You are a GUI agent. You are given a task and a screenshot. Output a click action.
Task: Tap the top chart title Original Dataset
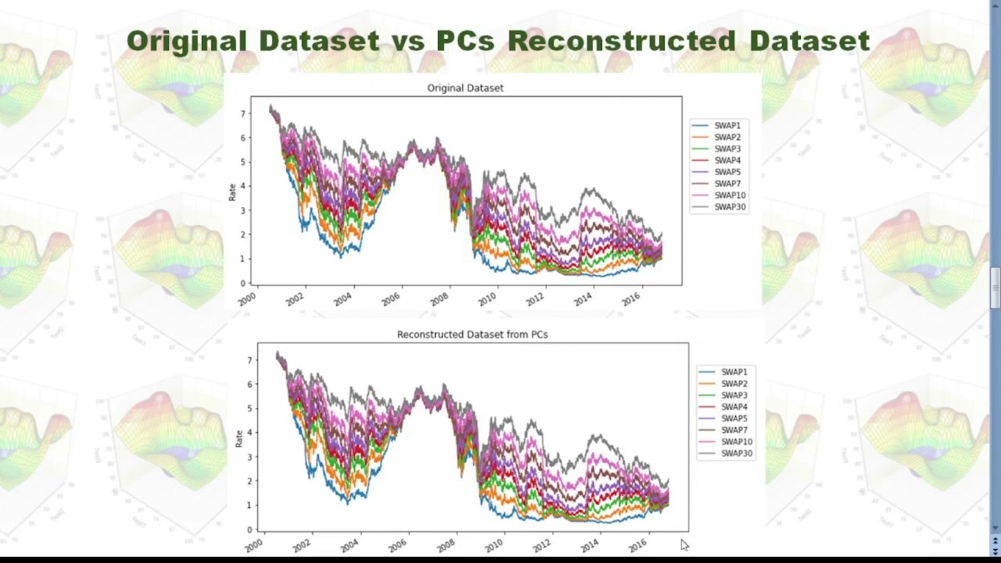pos(465,88)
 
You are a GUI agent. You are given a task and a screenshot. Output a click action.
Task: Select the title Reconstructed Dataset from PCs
pos(472,335)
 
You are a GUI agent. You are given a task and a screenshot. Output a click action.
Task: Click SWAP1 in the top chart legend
pos(727,126)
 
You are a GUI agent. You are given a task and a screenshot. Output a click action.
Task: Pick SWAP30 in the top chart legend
pos(730,207)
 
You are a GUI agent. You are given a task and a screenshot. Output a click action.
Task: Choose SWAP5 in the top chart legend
pos(727,172)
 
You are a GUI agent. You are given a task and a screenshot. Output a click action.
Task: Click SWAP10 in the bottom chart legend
pos(737,443)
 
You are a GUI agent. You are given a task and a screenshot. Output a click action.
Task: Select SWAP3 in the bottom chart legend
pos(734,396)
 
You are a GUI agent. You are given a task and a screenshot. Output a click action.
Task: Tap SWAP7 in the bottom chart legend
pos(734,431)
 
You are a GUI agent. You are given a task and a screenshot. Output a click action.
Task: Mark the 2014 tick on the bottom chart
pos(590,544)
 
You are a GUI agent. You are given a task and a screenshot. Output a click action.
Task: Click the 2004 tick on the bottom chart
pos(350,544)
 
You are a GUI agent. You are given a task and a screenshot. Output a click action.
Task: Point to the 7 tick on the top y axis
pos(243,114)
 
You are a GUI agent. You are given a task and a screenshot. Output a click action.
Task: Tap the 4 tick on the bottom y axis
pos(250,433)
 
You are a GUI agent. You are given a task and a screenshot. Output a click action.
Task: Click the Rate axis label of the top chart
pos(232,192)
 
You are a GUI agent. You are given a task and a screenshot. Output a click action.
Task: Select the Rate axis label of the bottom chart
pos(239,439)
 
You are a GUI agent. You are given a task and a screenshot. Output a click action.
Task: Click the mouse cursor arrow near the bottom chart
pos(684,545)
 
